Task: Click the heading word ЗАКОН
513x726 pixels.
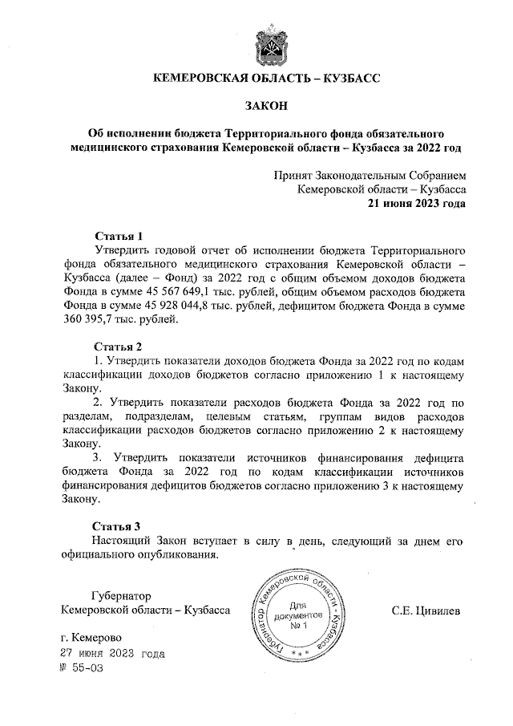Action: click(x=265, y=105)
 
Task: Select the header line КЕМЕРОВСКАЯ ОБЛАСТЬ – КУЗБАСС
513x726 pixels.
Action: click(x=265, y=79)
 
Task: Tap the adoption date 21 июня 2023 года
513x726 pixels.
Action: click(x=416, y=204)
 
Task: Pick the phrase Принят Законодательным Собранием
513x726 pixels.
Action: click(x=369, y=175)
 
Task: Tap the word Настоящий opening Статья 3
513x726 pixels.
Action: click(x=123, y=541)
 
